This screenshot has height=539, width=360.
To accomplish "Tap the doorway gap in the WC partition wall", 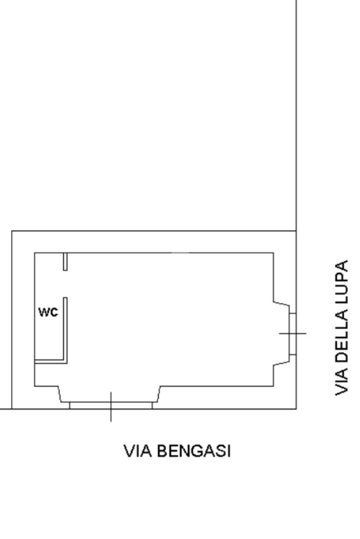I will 65,285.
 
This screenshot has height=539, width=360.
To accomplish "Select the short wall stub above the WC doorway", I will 65,262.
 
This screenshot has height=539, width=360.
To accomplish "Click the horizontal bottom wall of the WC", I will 50,362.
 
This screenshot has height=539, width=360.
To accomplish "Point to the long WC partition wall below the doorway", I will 65,329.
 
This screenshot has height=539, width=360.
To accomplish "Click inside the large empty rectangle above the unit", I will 153,116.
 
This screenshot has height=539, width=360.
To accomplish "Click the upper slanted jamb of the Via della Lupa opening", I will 281,304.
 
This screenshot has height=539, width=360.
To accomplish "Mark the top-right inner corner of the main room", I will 273,253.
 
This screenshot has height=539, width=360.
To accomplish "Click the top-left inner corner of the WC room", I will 35,253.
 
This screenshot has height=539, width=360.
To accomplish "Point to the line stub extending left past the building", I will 5,408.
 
